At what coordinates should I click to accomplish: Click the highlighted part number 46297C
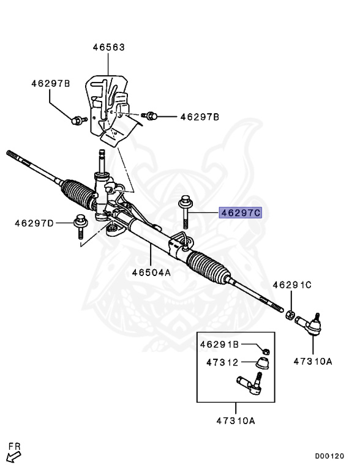(x=241, y=213)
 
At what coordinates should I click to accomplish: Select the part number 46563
(x=108, y=46)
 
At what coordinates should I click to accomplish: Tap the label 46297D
(x=34, y=223)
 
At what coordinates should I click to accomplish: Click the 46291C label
(x=292, y=285)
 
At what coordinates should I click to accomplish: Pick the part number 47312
(x=222, y=362)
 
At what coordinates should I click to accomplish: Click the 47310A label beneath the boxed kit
(x=235, y=420)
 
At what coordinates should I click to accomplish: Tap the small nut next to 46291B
(x=266, y=350)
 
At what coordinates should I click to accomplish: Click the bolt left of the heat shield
(x=76, y=120)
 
